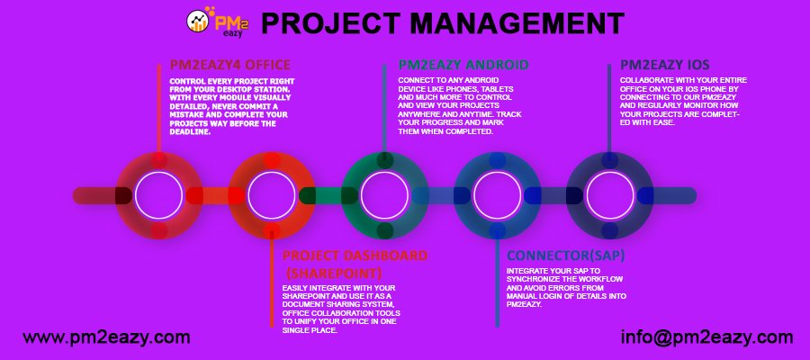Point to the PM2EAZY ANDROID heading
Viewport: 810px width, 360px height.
[463, 65]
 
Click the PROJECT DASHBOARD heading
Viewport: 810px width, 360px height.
[355, 256]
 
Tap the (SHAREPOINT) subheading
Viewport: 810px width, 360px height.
[334, 273]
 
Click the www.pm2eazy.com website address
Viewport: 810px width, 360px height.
[106, 337]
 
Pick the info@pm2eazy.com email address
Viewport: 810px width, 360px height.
[706, 337]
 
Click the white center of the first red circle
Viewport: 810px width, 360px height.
[159, 195]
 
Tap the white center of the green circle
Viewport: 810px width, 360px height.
[384, 195]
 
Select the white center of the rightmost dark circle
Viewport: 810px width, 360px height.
[610, 195]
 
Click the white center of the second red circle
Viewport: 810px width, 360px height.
[272, 195]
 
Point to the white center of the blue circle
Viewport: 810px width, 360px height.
[497, 195]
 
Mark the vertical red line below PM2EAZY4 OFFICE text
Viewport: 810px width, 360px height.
[160, 147]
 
